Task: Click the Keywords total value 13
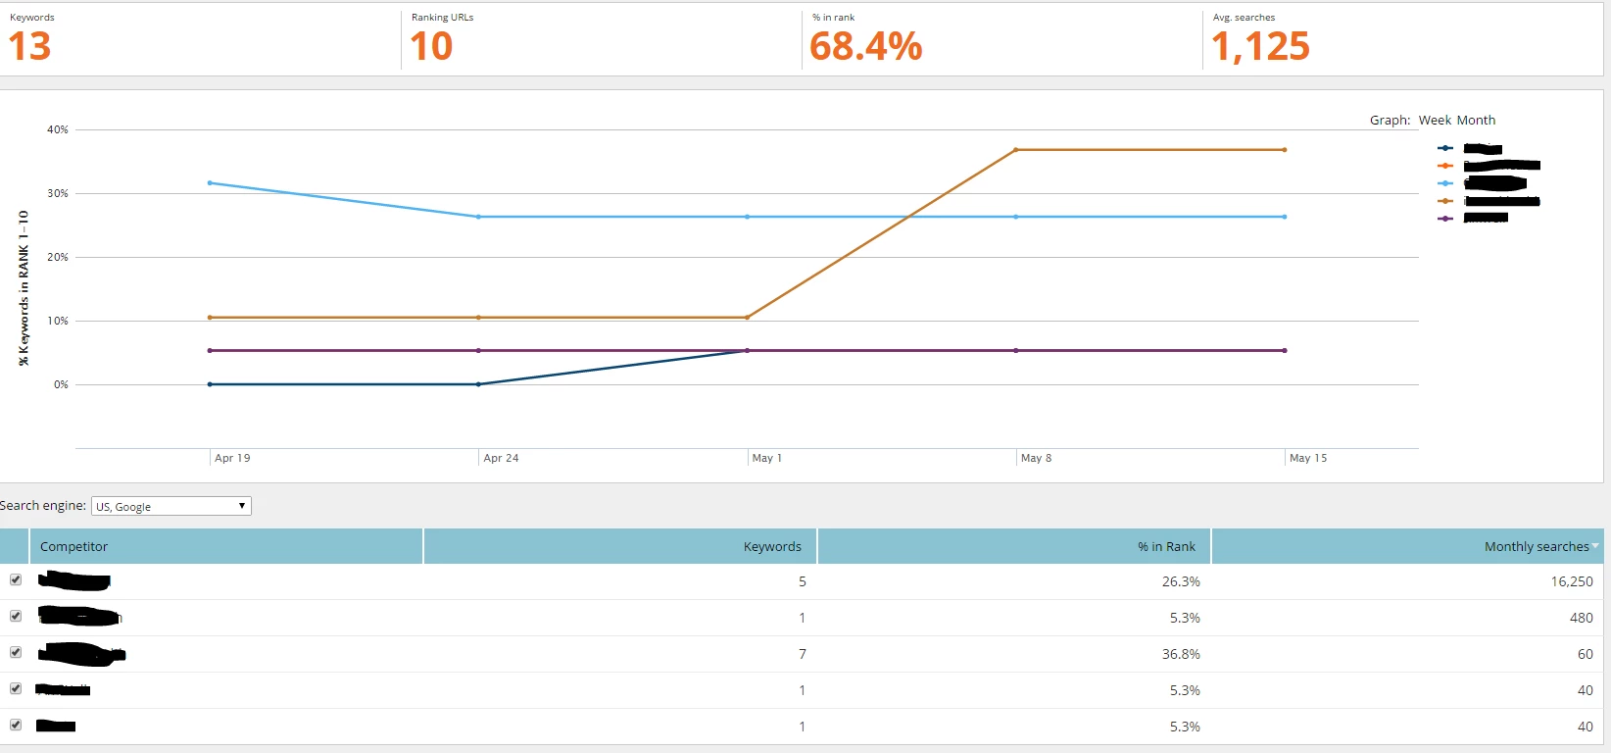(29, 47)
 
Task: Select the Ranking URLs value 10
(431, 47)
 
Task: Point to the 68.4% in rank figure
(866, 47)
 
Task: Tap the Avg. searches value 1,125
(1260, 47)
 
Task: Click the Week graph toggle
(1435, 121)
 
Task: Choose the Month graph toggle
(1476, 121)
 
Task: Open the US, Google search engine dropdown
(171, 506)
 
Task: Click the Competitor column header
(74, 547)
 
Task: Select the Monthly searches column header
(1537, 547)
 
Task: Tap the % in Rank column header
(1166, 547)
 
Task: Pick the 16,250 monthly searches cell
(1572, 581)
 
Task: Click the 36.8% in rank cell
(1181, 654)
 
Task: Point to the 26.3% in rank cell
(1181, 581)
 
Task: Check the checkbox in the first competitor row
(16, 579)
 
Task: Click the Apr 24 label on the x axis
(501, 458)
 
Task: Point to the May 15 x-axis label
(1308, 458)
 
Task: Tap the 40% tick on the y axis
(58, 129)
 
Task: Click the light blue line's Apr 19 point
(210, 182)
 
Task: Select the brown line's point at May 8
(1016, 150)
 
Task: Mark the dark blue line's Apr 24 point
(478, 384)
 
